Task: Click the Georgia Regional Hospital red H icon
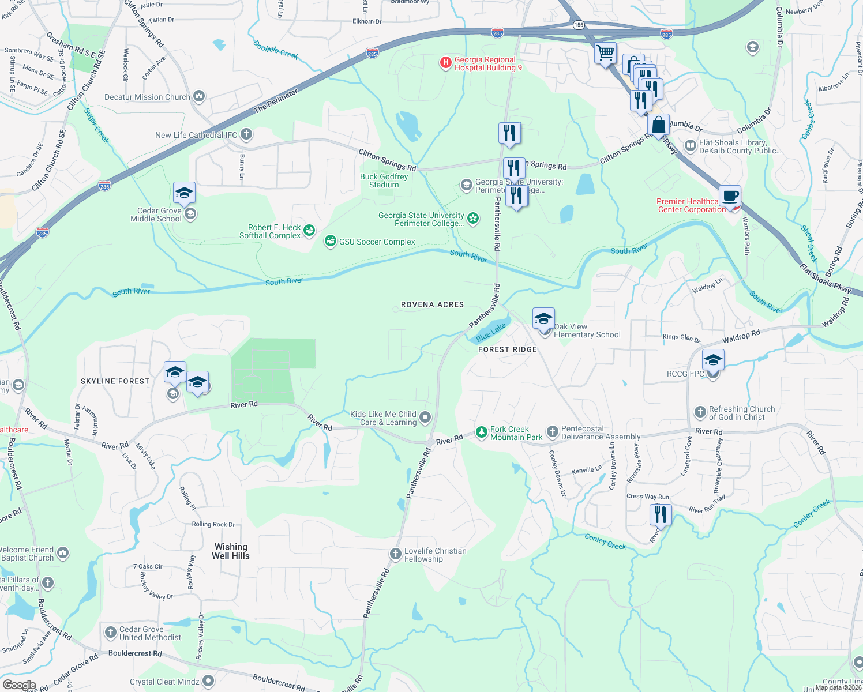coord(445,63)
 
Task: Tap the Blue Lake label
coord(491,332)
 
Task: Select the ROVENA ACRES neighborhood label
coord(433,304)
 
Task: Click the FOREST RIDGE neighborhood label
coord(508,349)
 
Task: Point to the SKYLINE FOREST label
coord(115,381)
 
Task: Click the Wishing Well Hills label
coord(231,551)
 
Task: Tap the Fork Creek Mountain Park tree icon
coord(481,432)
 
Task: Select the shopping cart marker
coord(606,54)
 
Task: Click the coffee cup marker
coord(730,195)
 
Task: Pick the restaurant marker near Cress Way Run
coord(661,514)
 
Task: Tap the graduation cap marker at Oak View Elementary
coord(543,318)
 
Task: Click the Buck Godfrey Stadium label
coord(384,180)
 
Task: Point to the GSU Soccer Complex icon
coord(331,241)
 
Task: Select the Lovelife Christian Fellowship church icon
coord(395,554)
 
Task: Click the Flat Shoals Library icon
coord(690,146)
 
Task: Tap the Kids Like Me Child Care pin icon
coord(425,417)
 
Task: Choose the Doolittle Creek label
coord(276,50)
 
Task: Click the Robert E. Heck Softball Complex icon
coord(309,231)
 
